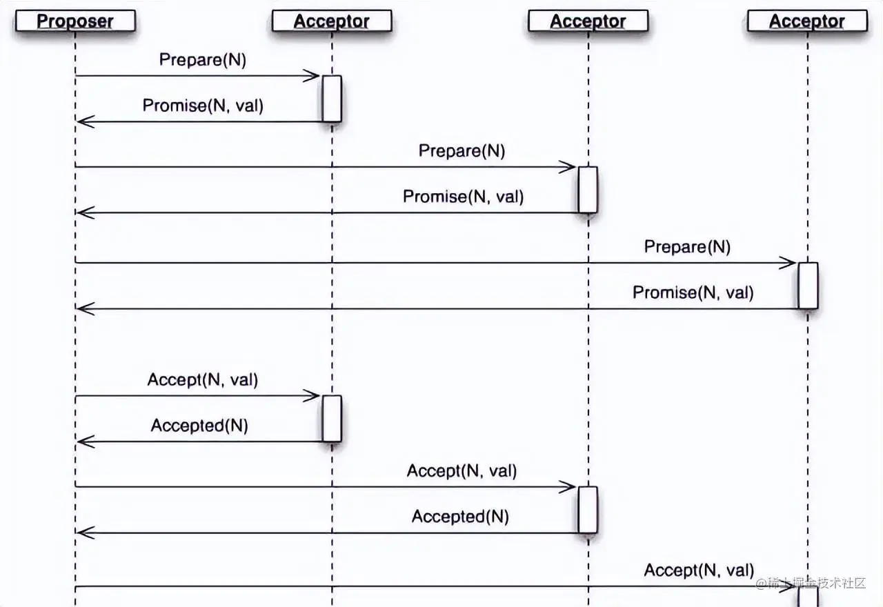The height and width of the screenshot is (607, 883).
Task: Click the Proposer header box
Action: [75, 21]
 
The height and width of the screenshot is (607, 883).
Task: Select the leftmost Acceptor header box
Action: [332, 21]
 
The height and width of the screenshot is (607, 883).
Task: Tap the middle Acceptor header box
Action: [588, 21]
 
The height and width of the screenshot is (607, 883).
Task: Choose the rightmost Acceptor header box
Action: [806, 21]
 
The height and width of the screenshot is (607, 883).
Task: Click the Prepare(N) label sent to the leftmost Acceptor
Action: [203, 60]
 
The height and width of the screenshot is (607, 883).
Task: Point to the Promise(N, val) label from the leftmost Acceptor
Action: [203, 106]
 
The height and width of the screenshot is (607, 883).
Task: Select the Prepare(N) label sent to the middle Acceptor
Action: [462, 151]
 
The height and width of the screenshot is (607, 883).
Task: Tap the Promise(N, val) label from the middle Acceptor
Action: [463, 197]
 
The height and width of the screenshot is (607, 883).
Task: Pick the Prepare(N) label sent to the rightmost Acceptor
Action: [687, 247]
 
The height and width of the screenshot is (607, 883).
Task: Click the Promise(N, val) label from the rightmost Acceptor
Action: [693, 292]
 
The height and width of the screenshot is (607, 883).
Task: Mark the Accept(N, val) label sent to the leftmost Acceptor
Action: [202, 379]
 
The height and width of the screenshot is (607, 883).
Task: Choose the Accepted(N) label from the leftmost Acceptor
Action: [199, 426]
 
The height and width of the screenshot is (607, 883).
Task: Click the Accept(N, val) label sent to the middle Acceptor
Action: [462, 471]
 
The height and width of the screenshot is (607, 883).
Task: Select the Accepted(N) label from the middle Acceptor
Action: [460, 517]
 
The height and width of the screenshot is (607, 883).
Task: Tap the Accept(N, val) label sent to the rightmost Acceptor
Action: [699, 570]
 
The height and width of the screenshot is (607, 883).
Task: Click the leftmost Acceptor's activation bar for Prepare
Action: [332, 99]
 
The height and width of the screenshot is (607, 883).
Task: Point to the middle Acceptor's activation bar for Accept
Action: [588, 510]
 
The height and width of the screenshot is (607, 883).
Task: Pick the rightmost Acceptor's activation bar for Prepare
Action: [808, 286]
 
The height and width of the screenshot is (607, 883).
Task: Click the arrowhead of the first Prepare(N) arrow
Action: [314, 76]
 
